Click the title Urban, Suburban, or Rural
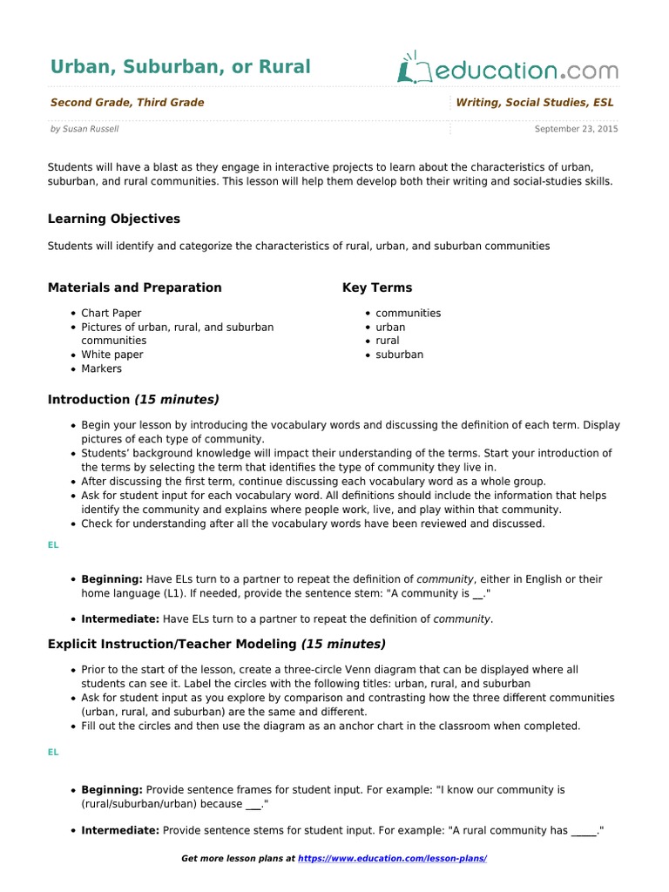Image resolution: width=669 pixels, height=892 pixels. pos(179,67)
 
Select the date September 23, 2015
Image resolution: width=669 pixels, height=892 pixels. pos(576,129)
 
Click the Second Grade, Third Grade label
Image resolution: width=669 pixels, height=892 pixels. pos(127,103)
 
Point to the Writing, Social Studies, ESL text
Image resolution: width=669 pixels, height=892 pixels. pos(535,103)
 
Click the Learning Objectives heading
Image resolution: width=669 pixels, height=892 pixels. pos(113,219)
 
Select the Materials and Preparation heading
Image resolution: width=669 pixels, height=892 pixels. pos(134,287)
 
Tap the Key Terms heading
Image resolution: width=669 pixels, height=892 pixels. pos(377,287)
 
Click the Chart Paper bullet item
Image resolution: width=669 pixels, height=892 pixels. pos(111,313)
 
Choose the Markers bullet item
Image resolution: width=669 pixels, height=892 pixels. pos(101,368)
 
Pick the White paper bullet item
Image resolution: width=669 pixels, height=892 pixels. pos(111,355)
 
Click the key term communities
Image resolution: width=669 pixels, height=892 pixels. pos(408,313)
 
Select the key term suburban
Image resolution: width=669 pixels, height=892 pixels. pos(399,355)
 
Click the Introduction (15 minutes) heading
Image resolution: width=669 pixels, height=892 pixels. pos(133,400)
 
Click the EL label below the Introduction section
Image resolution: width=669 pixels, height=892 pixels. pos(53,544)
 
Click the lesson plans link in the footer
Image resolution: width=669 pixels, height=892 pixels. pos(392,859)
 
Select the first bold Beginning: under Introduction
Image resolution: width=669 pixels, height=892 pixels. pos(112,579)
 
